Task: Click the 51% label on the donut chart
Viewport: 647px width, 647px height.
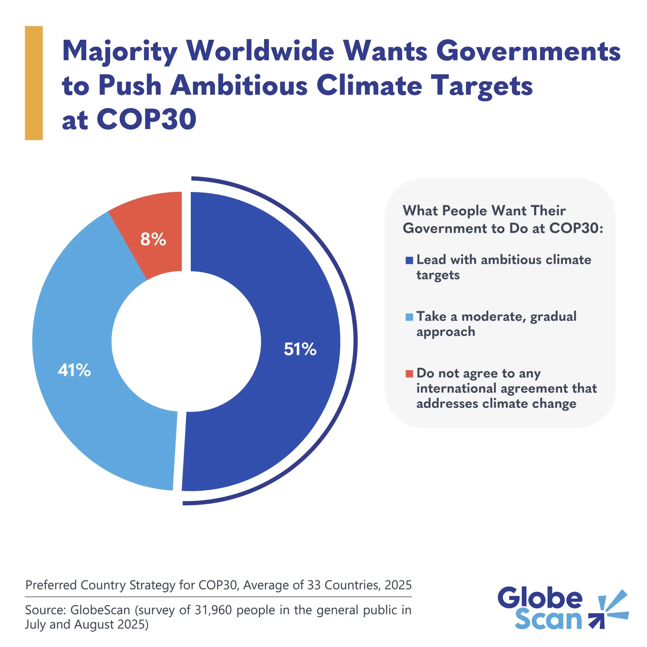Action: coord(300,349)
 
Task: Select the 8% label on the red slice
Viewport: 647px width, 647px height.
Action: coord(153,239)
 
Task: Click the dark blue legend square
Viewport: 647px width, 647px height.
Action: coord(409,260)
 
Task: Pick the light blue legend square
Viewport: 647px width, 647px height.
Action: coord(409,317)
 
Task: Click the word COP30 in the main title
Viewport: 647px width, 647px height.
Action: coord(146,119)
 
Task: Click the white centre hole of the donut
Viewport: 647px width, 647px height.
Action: coord(186,342)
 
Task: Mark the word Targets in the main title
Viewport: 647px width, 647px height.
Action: coord(481,86)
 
